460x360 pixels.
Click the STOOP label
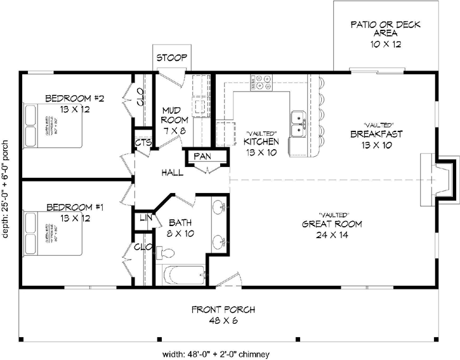pyautogui.click(x=171, y=58)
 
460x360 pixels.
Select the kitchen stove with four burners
pyautogui.click(x=261, y=82)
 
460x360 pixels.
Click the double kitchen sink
pyautogui.click(x=298, y=124)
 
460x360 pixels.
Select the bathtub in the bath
pyautogui.click(x=185, y=276)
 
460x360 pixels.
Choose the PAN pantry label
pyautogui.click(x=202, y=156)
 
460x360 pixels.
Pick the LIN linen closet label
pyautogui.click(x=145, y=219)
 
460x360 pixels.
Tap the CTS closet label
pyautogui.click(x=143, y=143)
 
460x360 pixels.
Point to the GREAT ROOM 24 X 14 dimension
pyautogui.click(x=332, y=235)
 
